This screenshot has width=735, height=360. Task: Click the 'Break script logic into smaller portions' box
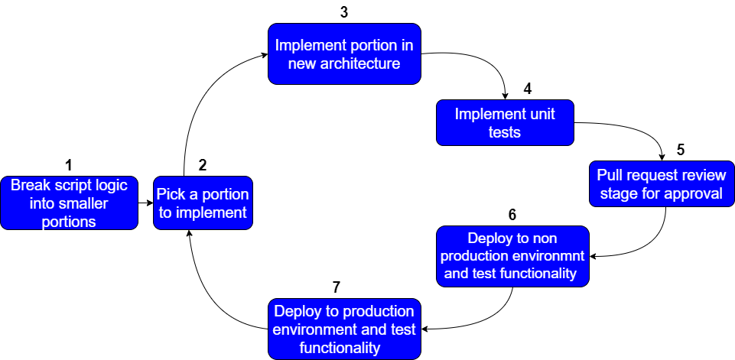[x=70, y=203]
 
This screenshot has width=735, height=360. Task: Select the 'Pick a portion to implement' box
[x=203, y=203]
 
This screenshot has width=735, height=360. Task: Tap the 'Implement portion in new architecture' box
[x=344, y=54]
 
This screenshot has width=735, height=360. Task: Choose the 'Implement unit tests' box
[x=505, y=123]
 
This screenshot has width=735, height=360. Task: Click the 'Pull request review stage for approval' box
[x=662, y=183]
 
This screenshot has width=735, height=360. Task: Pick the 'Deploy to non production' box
[x=512, y=256]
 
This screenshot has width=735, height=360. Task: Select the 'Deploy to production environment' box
[x=344, y=329]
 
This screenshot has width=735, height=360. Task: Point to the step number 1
[x=69, y=165]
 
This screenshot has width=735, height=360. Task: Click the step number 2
[x=203, y=165]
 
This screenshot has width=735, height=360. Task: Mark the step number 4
[x=528, y=89]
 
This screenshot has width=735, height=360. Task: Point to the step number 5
[x=681, y=150]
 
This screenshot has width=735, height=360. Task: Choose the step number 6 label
[x=512, y=215]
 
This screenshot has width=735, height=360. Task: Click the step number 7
[x=336, y=287]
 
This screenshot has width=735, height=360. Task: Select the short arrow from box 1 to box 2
[x=146, y=203]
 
